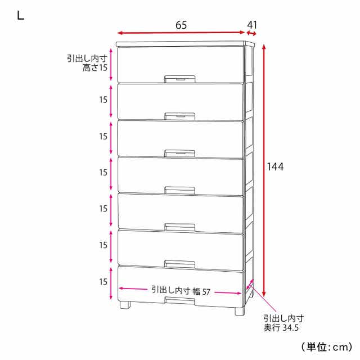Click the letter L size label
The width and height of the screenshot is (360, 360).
pos(20,16)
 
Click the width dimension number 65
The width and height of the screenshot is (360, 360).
pos(181,25)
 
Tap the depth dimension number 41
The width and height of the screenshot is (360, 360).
pos(252,25)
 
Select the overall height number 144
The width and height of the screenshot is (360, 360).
pos(275,166)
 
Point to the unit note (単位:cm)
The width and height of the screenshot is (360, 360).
pos(326,346)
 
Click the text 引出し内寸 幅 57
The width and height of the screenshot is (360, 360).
pos(181,291)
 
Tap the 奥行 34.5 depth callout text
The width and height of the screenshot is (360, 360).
pos(281,327)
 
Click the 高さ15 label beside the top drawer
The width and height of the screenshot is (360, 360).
pos(95,67)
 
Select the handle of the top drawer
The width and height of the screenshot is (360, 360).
pos(180,79)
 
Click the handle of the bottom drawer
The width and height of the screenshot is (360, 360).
pos(180,301)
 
